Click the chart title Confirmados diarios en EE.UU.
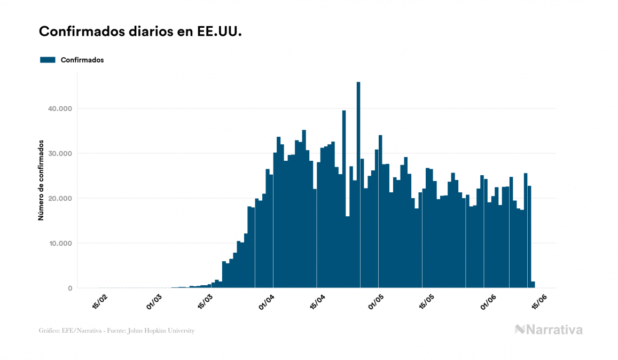point(140,32)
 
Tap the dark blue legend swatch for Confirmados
point(48,60)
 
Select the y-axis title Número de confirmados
point(41,181)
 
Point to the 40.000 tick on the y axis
point(60,109)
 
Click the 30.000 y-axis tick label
point(60,154)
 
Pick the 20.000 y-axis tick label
point(60,199)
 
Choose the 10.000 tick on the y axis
point(60,244)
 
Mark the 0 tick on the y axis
point(70,288)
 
